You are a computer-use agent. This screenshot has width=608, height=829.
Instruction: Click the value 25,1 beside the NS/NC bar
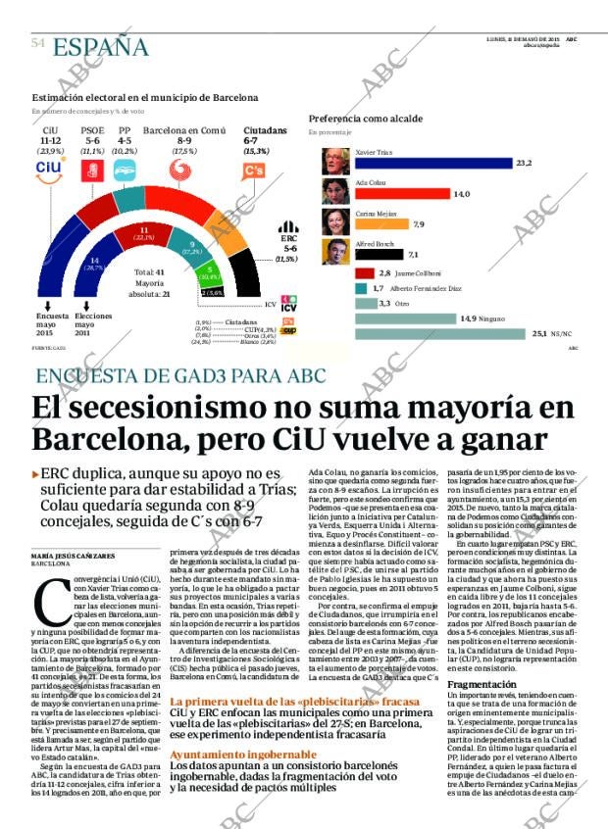(539, 334)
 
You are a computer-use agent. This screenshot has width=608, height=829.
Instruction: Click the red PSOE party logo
(93, 171)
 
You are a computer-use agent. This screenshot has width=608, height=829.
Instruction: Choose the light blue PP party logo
(125, 171)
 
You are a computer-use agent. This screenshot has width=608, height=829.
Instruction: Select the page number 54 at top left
(39, 44)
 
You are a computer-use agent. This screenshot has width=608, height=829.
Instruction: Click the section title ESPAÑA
(100, 46)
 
